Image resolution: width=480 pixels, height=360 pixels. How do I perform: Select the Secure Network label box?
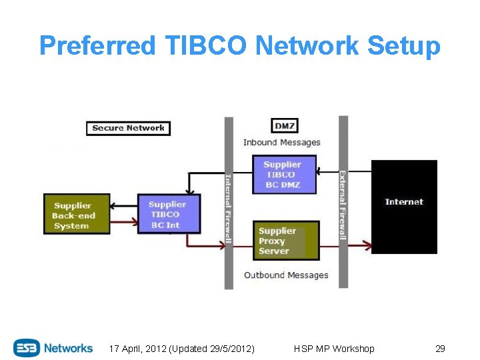pos(128,128)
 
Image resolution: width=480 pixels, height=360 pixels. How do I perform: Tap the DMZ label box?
pos(285,125)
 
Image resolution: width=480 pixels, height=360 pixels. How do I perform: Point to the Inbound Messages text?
pos(281,142)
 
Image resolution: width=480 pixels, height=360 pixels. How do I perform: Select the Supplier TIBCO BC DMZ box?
pos(284,174)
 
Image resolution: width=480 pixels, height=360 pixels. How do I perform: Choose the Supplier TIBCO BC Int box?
pos(169,214)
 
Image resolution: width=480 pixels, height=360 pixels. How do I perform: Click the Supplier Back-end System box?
pos(76,215)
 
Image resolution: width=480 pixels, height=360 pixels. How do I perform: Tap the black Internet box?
pos(404,206)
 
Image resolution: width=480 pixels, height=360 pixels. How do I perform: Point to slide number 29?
pos(440,349)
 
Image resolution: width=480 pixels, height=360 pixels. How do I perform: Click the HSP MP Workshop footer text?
pos(334,349)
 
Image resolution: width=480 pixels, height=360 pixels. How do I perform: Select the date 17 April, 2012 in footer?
pos(136,349)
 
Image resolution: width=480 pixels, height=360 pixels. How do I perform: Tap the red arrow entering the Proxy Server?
pos(240,247)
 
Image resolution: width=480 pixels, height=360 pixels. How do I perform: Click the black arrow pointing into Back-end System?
pos(123,205)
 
